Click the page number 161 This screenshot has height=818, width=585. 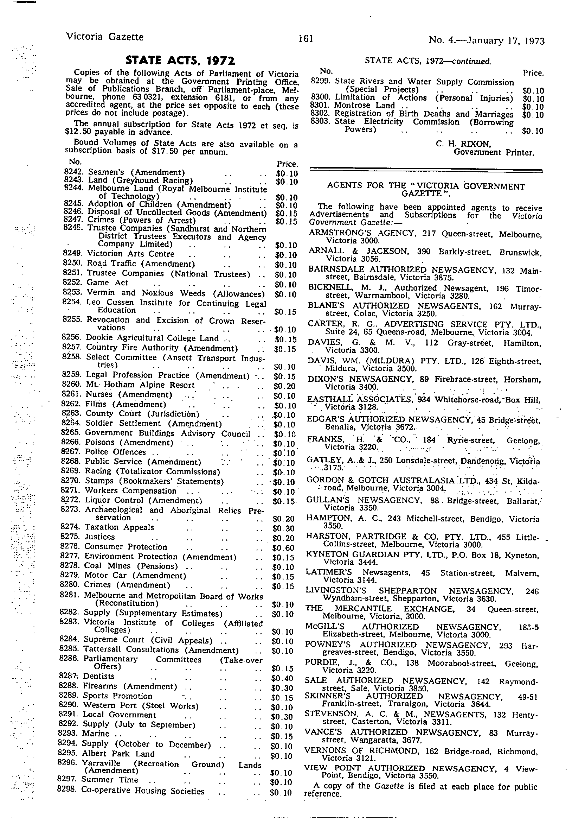tap(306, 38)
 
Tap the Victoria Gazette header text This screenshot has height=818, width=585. tap(104, 37)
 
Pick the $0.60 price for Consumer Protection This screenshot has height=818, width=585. tap(283, 548)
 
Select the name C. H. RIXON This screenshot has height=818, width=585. tap(463, 144)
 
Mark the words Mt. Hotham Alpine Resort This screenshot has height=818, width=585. tap(140, 385)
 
